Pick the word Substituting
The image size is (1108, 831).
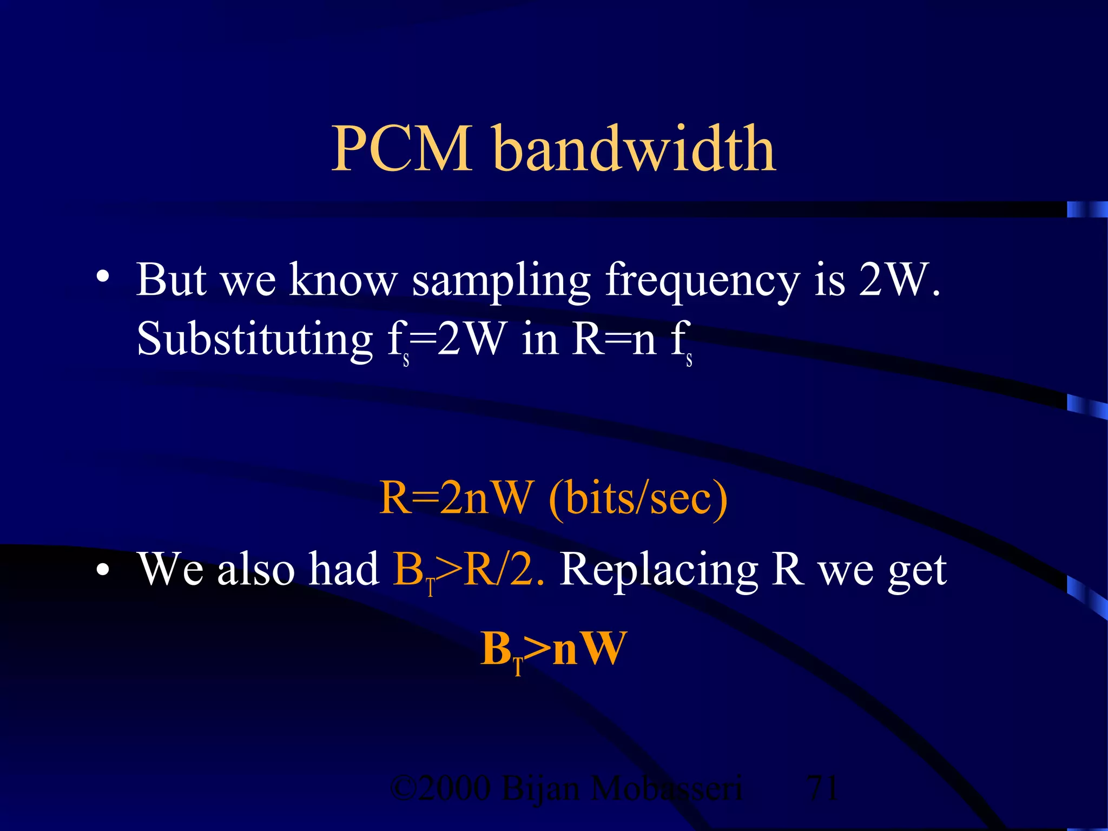point(254,340)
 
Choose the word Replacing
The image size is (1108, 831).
point(658,571)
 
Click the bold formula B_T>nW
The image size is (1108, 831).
point(553,649)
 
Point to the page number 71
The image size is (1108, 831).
point(822,788)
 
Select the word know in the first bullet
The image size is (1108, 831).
point(343,280)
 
